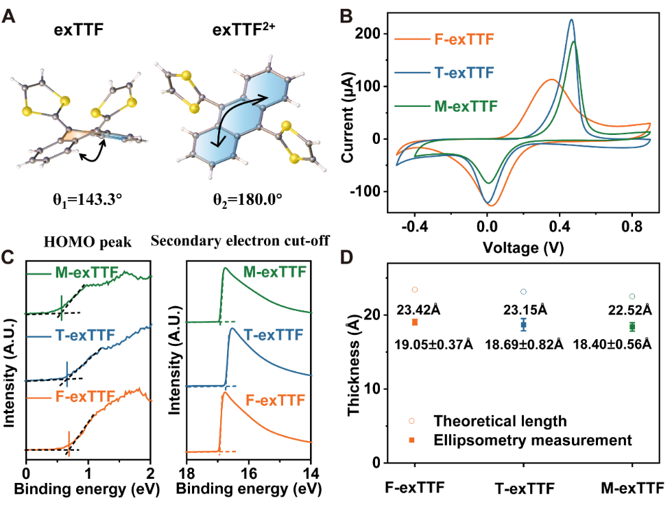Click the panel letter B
[348, 14]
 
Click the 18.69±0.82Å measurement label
[524, 344]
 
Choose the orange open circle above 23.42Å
[414, 290]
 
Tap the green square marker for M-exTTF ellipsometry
[632, 327]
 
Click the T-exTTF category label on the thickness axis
[523, 488]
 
